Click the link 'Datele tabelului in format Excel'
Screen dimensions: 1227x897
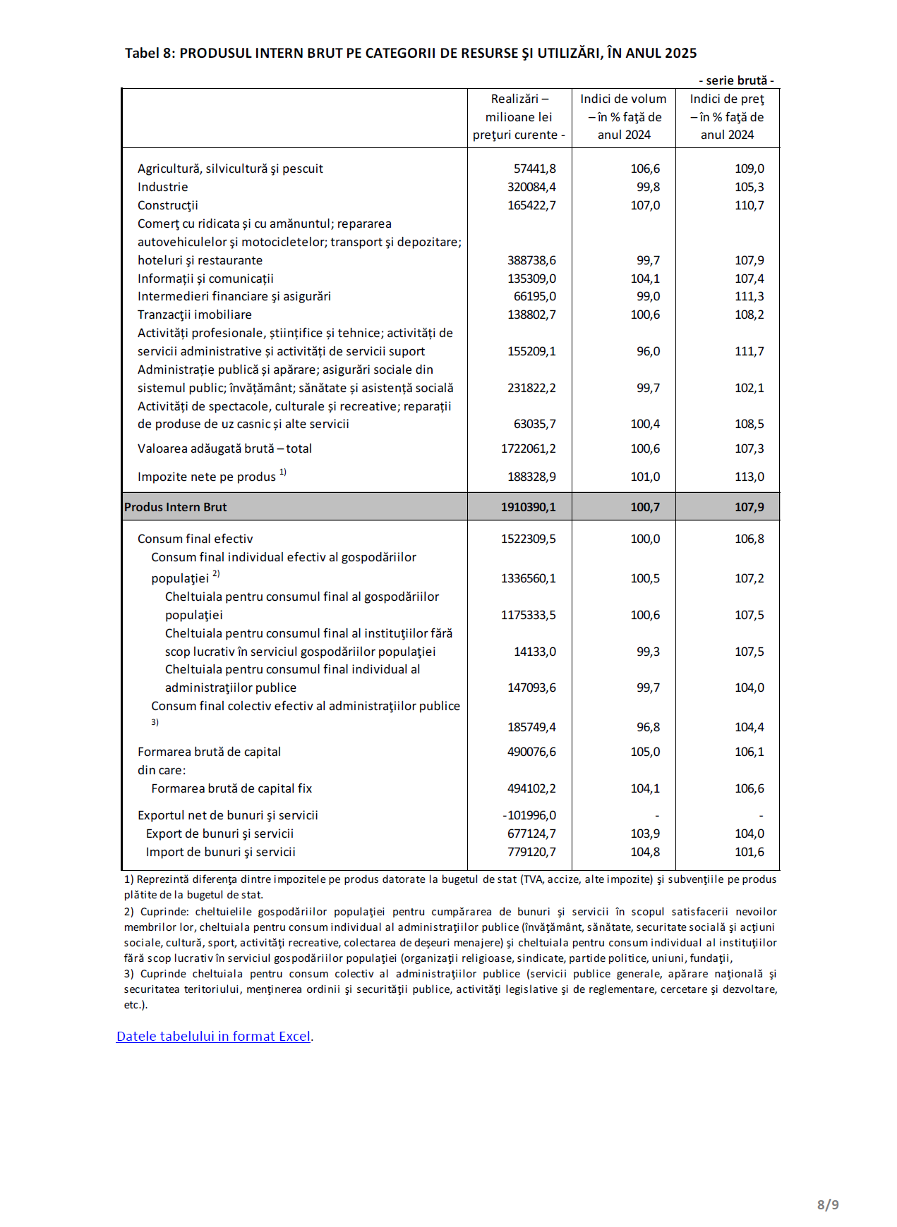[213, 1036]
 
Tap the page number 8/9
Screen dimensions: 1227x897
[828, 1204]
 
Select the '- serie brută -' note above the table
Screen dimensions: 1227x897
[736, 80]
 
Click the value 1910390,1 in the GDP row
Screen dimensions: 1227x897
[528, 507]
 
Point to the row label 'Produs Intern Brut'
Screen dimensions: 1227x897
[176, 507]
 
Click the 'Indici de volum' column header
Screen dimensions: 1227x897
[623, 117]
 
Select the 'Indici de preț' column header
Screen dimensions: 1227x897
[727, 117]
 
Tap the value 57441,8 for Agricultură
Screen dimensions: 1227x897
[534, 169]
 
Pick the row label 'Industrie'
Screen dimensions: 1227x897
[163, 187]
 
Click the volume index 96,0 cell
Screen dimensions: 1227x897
[648, 351]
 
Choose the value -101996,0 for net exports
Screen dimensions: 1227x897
[529, 815]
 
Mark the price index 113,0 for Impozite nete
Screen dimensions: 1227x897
[749, 477]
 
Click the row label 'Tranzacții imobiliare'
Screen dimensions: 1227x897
[195, 315]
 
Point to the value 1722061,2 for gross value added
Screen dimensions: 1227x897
[528, 448]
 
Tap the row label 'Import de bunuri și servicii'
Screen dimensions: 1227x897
[220, 852]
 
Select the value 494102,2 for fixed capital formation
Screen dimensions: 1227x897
[531, 788]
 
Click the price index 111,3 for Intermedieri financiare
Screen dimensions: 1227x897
[749, 296]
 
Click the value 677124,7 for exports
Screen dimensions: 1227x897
[531, 834]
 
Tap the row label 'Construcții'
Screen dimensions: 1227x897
[168, 205]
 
